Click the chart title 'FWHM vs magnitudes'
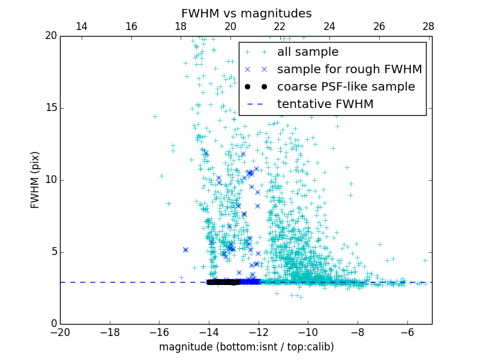pos(246,13)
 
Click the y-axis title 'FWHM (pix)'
pos(35,180)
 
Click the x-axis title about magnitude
pos(246,347)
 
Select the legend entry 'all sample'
pos(307,52)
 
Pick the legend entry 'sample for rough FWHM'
pos(349,70)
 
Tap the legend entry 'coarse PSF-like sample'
pos(346,87)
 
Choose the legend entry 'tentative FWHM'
pos(325,104)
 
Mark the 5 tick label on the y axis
pos(52,252)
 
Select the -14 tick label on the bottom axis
pos(209,332)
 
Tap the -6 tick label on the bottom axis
pos(407,332)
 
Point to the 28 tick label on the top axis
pos(428,26)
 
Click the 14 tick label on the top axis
pos(82,26)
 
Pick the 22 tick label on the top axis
pos(280,26)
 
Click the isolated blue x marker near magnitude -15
pos(185,250)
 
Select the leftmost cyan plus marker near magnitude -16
pos(155,116)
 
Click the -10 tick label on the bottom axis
pos(308,332)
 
